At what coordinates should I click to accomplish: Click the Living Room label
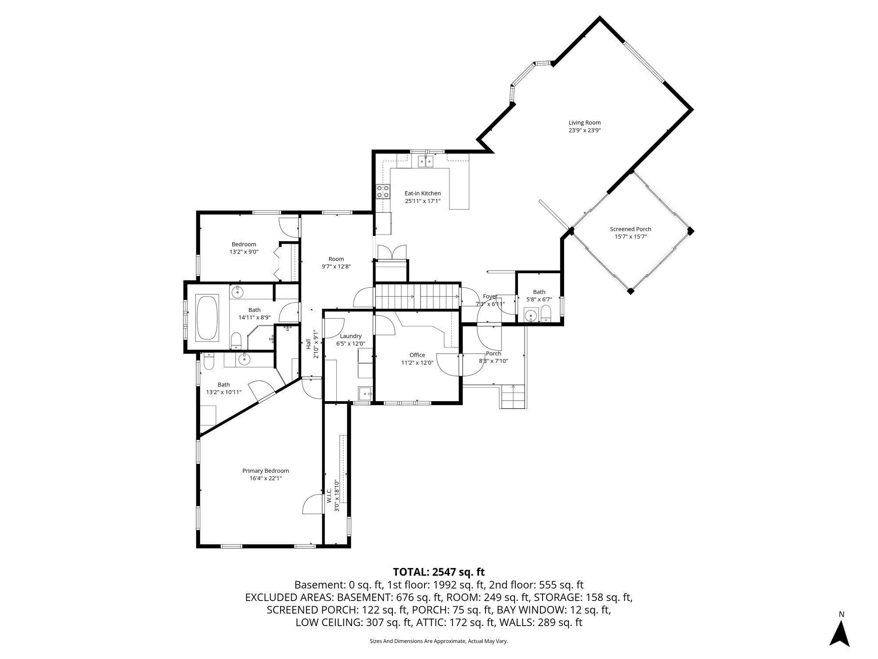pyautogui.click(x=584, y=123)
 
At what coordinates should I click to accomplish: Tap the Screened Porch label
pyautogui.click(x=630, y=229)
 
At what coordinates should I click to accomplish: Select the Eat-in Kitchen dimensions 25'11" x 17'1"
pyautogui.click(x=422, y=201)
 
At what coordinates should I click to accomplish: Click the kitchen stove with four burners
pyautogui.click(x=382, y=192)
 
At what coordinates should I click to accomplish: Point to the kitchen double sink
pyautogui.click(x=425, y=161)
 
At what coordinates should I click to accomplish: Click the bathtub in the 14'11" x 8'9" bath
pyautogui.click(x=208, y=318)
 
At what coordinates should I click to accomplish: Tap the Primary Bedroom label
pyautogui.click(x=266, y=471)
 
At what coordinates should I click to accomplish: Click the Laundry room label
pyautogui.click(x=350, y=336)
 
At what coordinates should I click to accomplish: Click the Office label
pyautogui.click(x=417, y=355)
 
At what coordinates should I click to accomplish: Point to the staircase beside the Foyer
pyautogui.click(x=417, y=297)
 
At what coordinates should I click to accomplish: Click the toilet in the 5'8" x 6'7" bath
pyautogui.click(x=546, y=314)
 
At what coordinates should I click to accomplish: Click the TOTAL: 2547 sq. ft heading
pyautogui.click(x=439, y=572)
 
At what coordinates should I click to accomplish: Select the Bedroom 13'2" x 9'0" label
pyautogui.click(x=244, y=244)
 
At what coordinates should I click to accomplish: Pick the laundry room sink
pyautogui.click(x=365, y=393)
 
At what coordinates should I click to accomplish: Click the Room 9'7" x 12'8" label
pyautogui.click(x=336, y=259)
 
